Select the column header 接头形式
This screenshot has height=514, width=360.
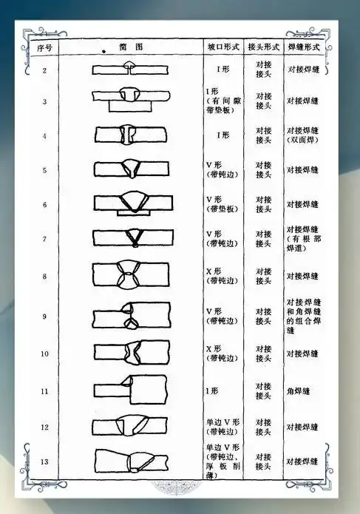(x=264, y=47)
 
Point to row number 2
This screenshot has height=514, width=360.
(x=45, y=70)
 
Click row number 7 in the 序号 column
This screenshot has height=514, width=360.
(x=45, y=239)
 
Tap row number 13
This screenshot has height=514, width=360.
(x=45, y=461)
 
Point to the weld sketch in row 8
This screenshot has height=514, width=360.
(x=127, y=276)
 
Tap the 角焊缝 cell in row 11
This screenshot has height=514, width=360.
(x=300, y=390)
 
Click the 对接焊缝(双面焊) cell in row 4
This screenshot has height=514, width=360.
(x=304, y=136)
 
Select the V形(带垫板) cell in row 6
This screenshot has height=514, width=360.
(x=220, y=204)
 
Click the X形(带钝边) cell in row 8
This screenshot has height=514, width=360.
(x=220, y=276)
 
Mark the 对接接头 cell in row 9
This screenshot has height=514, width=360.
(x=264, y=317)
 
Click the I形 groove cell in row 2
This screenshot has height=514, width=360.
(x=220, y=70)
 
